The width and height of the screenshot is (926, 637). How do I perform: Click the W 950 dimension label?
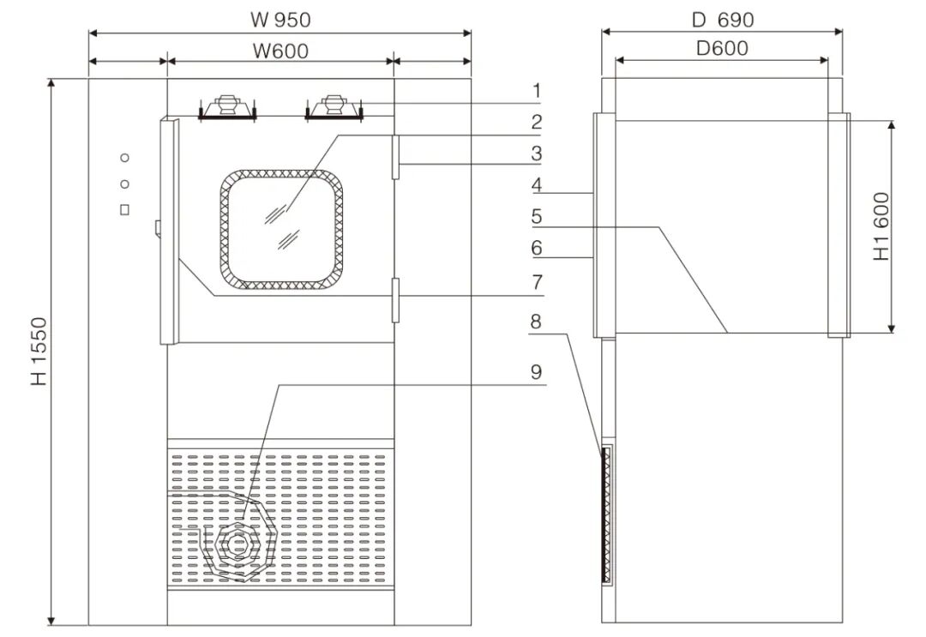coord(280,18)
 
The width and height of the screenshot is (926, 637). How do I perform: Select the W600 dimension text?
coord(280,51)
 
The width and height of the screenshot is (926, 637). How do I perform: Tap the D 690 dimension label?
coord(722,18)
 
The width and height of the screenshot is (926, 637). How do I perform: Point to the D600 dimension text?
coord(722,48)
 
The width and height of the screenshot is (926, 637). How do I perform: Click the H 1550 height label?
coord(39,352)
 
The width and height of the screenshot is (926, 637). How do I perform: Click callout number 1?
coord(537,90)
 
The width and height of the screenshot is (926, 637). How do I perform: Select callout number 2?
coord(537,122)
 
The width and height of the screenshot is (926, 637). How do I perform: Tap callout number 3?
coord(537,153)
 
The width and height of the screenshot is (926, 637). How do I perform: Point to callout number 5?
coord(537,216)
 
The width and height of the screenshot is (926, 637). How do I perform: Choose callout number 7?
coord(537,280)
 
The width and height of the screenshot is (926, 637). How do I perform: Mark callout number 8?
coord(537,322)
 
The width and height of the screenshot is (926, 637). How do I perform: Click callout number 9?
coord(537,372)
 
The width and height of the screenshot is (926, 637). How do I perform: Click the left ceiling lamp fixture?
coord(227,106)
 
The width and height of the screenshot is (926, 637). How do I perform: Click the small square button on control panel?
coord(125,209)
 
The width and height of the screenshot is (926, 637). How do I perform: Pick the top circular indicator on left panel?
coord(125,158)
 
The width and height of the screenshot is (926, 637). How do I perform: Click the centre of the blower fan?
coord(238,544)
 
